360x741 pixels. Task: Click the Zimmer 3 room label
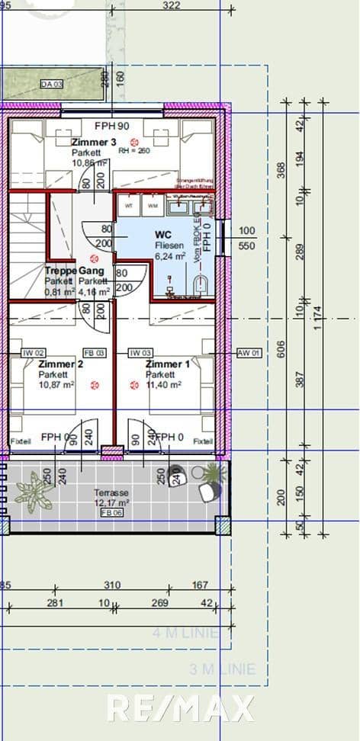click(94, 143)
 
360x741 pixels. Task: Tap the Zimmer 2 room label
click(60, 364)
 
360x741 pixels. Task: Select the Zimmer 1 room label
click(168, 364)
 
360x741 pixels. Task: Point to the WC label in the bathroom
click(162, 235)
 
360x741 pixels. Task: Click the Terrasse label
click(111, 492)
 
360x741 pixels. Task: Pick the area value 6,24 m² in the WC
click(171, 257)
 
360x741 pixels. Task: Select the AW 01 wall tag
click(249, 353)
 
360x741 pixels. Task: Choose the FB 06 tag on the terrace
click(111, 514)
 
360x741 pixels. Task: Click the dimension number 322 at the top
click(172, 6)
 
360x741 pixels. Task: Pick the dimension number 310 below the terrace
click(113, 585)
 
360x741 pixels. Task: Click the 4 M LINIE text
click(185, 633)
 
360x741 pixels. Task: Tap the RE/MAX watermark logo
click(180, 709)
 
